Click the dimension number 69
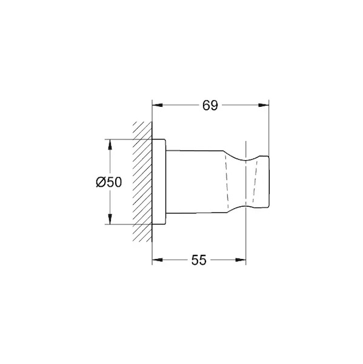pyautogui.click(x=210, y=106)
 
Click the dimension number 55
pyautogui.click(x=199, y=260)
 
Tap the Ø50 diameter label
pyautogui.click(x=109, y=182)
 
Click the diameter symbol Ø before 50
pyautogui.click(x=101, y=182)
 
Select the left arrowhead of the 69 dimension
pyautogui.click(x=158, y=105)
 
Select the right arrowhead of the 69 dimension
pyautogui.click(x=264, y=105)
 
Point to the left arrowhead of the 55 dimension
pyautogui.click(x=158, y=260)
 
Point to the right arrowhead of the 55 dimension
pyautogui.click(x=241, y=260)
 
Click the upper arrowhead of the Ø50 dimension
pyautogui.click(x=110, y=144)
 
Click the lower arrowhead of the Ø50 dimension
pyautogui.click(x=110, y=219)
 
